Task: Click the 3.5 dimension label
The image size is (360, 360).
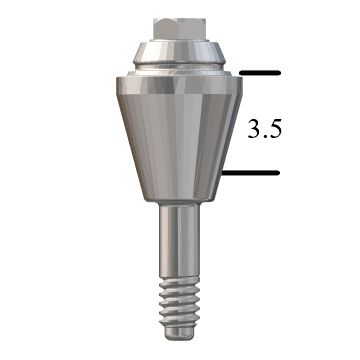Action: pyautogui.click(x=265, y=127)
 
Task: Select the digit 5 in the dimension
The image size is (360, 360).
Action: pyautogui.click(x=277, y=127)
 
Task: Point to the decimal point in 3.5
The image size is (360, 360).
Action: pyautogui.click(x=265, y=135)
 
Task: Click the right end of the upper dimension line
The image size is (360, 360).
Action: pyautogui.click(x=281, y=73)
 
